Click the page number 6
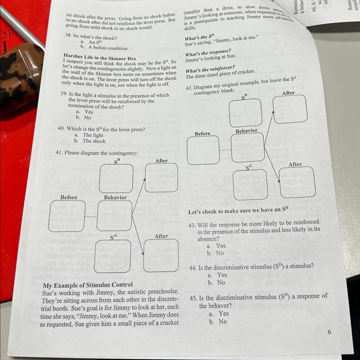click(x=329, y=332)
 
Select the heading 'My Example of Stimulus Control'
click(x=87, y=284)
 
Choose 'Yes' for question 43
click(x=221, y=246)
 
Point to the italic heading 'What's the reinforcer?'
click(x=210, y=67)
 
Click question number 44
click(x=193, y=267)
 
